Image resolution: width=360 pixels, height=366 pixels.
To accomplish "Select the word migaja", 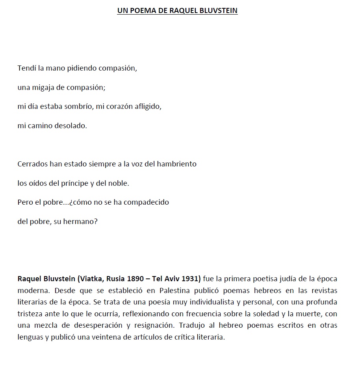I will pos(43,87).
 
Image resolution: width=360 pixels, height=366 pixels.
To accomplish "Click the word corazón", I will pos(116,106).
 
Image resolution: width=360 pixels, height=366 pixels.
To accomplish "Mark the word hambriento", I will pos(176,164).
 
